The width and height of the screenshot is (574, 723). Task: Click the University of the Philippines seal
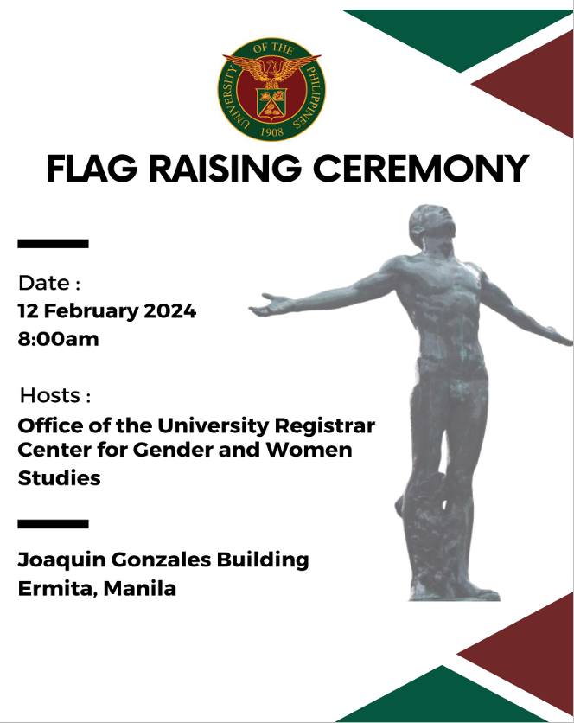coord(271,89)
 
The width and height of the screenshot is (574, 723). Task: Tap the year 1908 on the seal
coord(272,131)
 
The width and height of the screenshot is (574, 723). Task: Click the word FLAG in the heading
coord(92,169)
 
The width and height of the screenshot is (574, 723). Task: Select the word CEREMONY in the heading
coord(421,169)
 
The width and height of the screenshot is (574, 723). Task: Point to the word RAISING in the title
coord(225,169)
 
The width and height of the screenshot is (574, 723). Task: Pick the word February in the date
coord(91,311)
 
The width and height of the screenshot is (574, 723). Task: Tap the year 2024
coord(169,311)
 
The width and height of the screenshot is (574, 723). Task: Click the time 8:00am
coord(58,339)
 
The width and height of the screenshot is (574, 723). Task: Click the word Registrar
coord(324,426)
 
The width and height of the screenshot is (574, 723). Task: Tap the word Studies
coord(59,477)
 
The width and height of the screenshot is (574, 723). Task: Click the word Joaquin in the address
coord(62,560)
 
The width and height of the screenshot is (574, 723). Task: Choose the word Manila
coord(140,588)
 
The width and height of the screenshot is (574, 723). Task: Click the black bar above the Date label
coord(53,244)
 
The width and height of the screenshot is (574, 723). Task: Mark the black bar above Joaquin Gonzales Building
coord(53,524)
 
